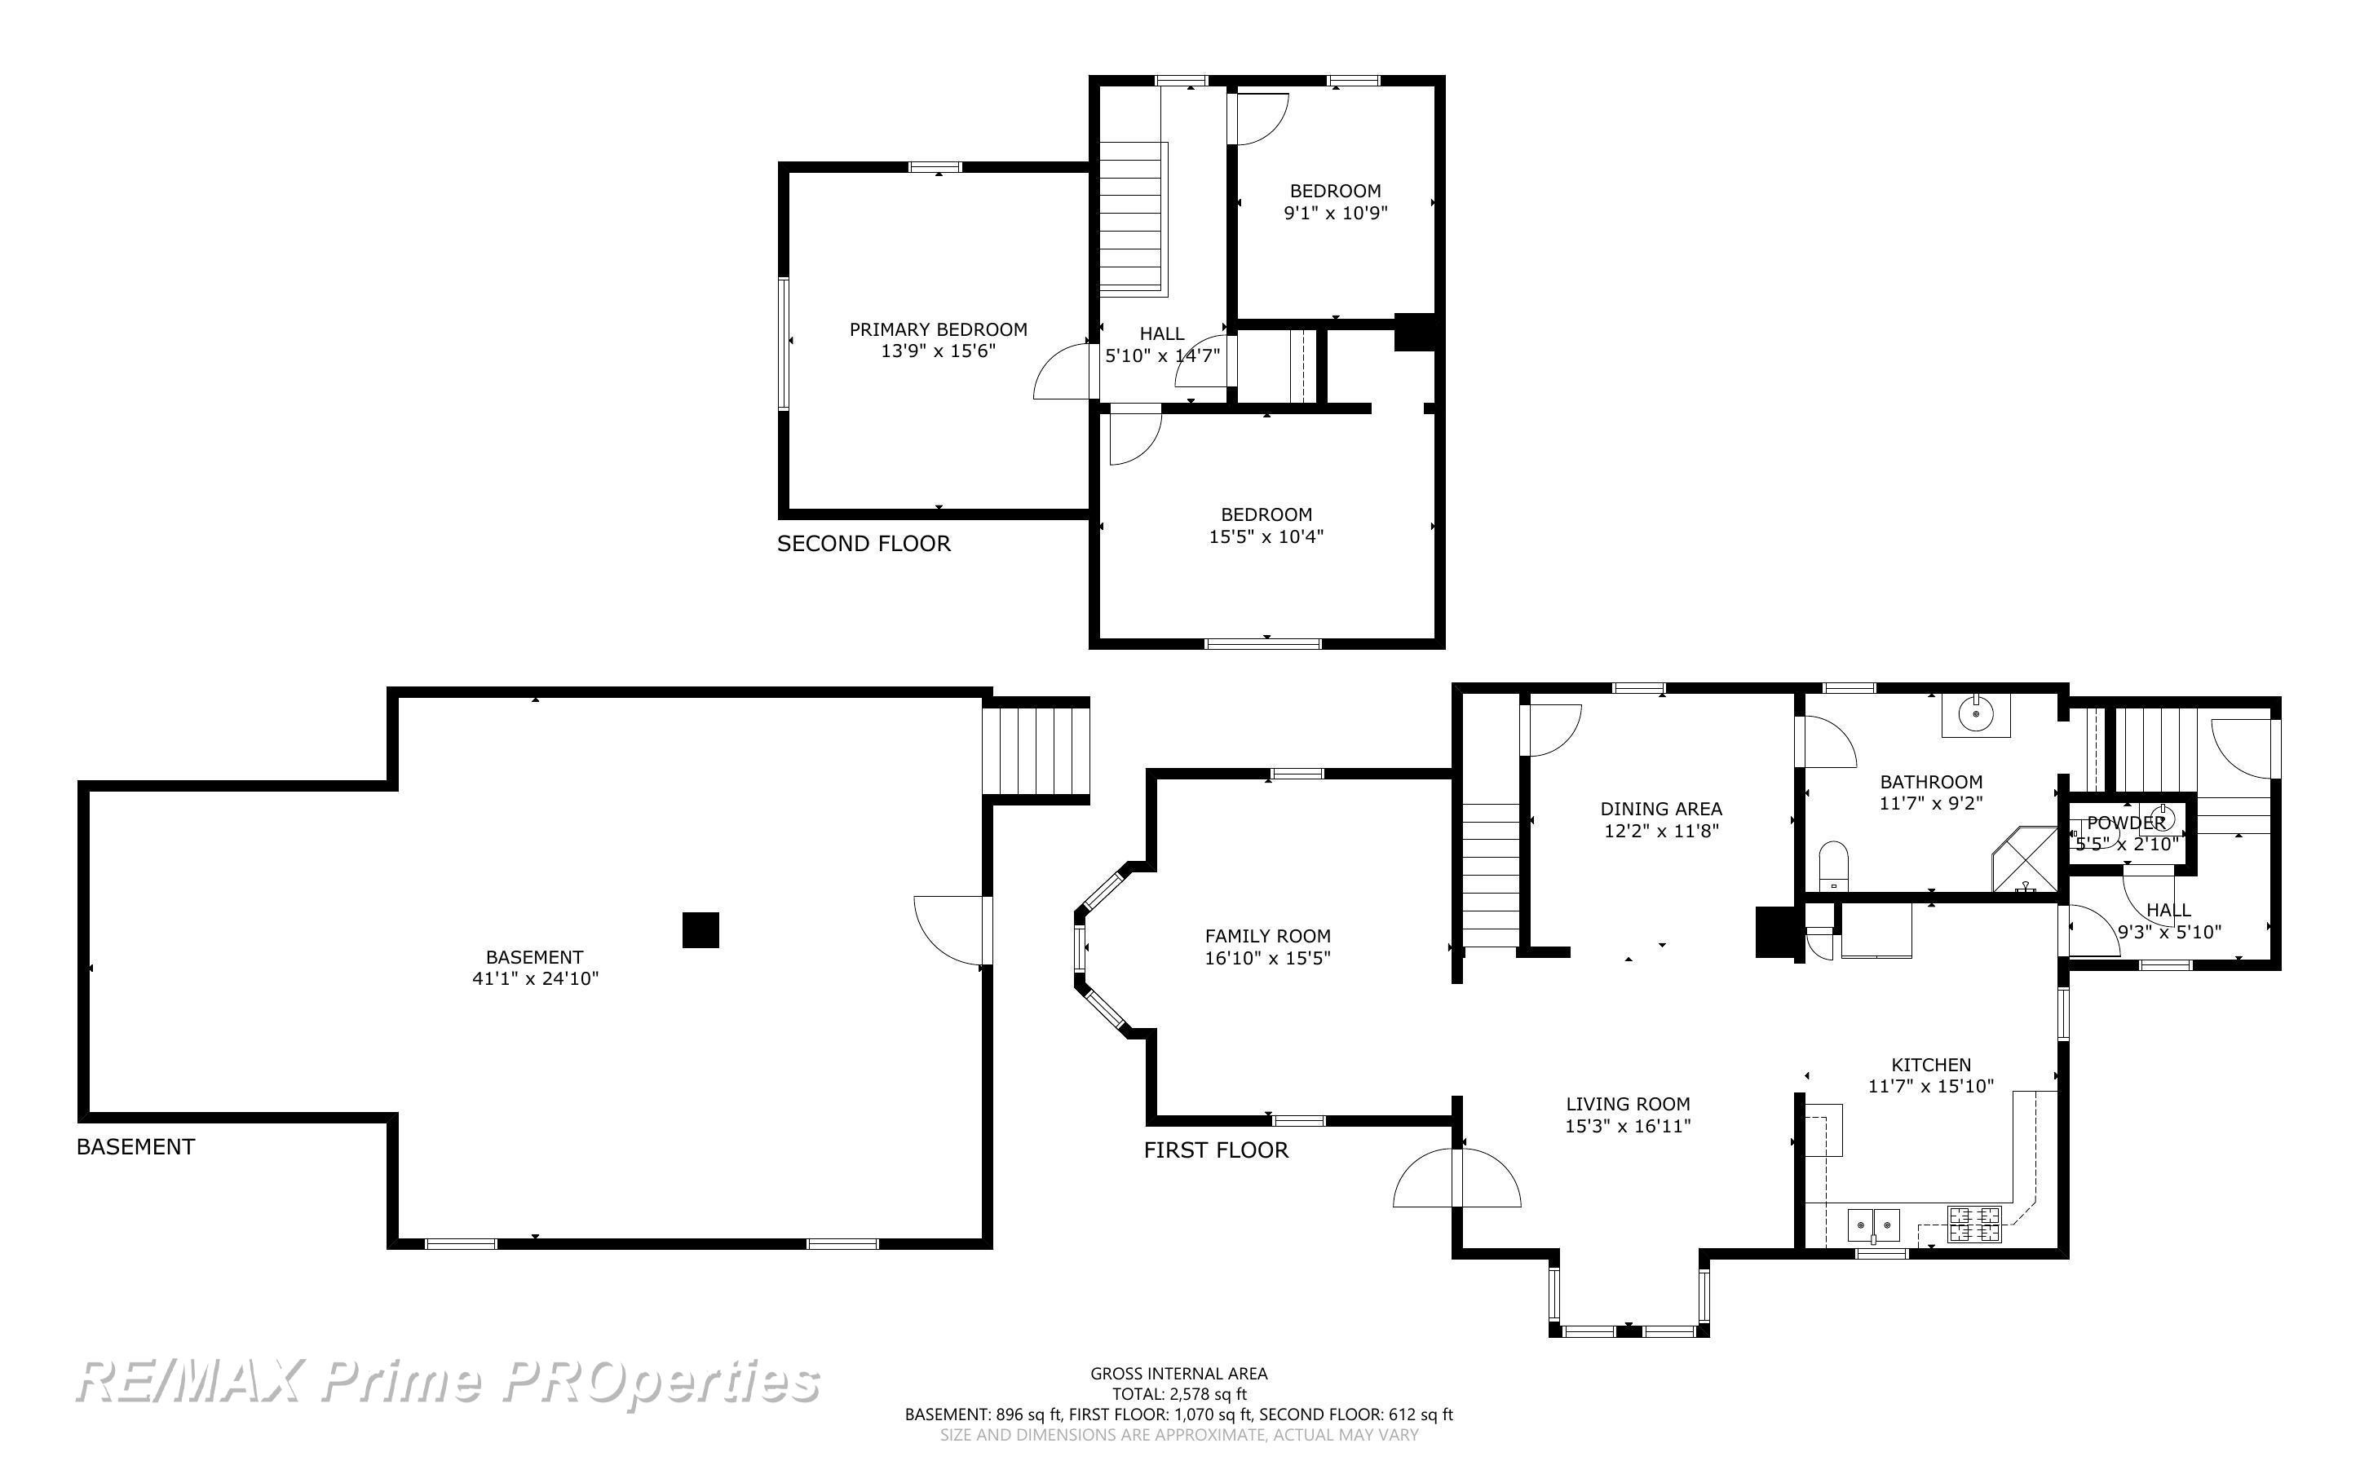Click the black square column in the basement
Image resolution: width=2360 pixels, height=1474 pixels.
700,930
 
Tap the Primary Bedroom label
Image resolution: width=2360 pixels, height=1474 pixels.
938,329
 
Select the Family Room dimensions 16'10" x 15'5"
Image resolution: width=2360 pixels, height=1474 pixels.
1267,958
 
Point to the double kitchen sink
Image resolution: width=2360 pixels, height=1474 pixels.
1874,1225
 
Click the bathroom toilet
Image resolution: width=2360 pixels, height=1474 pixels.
1832,866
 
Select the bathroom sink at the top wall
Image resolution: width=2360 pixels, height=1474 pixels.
1975,714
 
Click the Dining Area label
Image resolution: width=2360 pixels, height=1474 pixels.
1661,809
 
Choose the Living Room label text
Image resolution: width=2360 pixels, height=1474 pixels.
1628,1105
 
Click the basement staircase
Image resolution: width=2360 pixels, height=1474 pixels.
1035,751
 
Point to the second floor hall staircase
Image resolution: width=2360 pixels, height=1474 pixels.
1134,218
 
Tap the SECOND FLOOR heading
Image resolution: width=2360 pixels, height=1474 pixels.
864,544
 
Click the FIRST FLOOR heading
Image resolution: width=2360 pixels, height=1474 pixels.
1216,1150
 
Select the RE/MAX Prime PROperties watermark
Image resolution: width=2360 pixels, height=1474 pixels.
448,1381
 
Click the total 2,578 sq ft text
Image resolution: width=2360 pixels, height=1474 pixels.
1179,1394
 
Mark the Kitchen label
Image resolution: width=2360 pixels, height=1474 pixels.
1931,1065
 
